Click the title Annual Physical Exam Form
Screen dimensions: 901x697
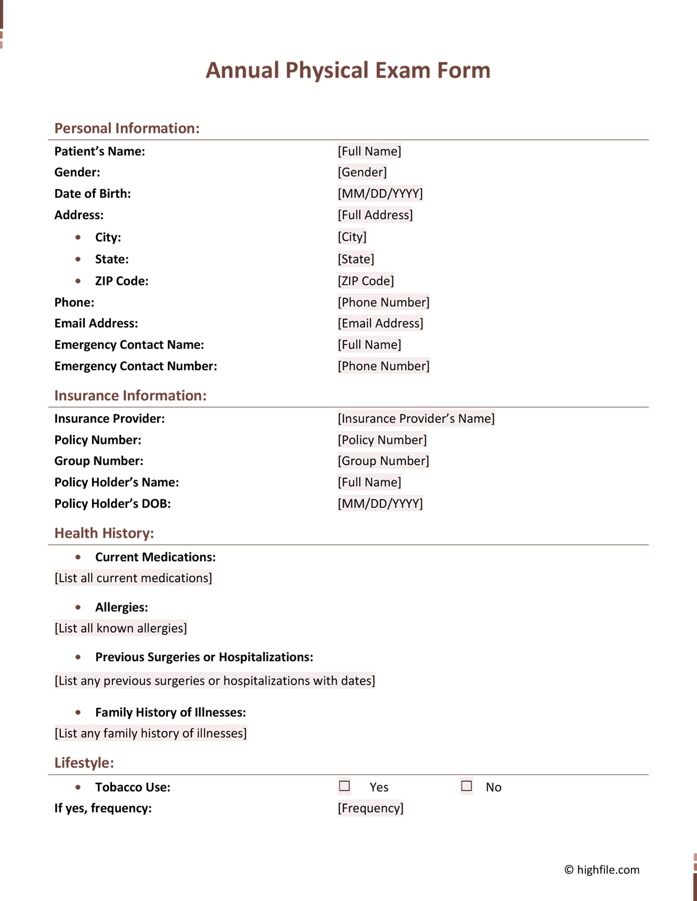348,71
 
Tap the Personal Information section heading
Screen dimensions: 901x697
127,128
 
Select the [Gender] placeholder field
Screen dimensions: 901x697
362,172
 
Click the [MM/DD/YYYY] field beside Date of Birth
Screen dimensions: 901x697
380,194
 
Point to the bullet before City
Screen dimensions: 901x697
78,237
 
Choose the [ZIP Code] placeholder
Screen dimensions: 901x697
366,281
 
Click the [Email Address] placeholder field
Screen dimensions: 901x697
380,323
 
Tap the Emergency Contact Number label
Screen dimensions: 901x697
136,366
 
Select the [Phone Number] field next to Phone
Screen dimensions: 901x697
383,302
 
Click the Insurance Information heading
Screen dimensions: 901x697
130,395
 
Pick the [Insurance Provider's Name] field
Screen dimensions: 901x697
416,419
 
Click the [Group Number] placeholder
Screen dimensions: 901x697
383,461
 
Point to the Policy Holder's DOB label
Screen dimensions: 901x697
112,504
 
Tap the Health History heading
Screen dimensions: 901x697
104,533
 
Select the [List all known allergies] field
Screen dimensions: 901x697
121,628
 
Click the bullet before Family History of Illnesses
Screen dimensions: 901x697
78,712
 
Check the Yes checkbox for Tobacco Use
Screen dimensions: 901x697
344,786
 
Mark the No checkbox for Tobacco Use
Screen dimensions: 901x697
467,786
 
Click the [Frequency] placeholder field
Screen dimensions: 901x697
370,808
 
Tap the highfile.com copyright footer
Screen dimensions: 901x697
602,870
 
